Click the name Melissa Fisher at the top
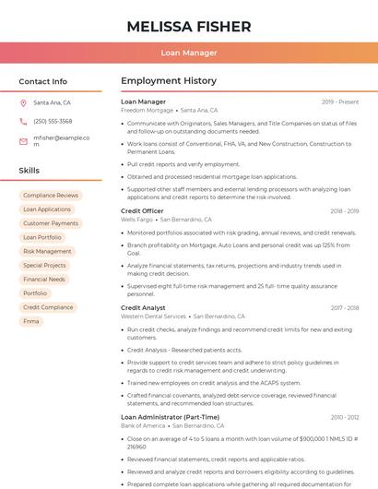point(188,25)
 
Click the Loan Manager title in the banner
point(188,53)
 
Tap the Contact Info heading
point(43,81)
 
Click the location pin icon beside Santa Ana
point(23,103)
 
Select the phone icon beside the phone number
point(23,122)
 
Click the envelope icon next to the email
point(23,141)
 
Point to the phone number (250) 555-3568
point(53,122)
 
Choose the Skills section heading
point(30,171)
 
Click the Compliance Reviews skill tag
point(51,196)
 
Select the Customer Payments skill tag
point(51,223)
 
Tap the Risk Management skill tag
point(47,251)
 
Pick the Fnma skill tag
point(31,321)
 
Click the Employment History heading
point(169,81)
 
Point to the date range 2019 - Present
point(340,101)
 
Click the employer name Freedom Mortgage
point(147,110)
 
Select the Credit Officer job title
point(142,211)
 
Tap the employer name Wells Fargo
point(137,220)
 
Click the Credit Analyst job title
point(143,307)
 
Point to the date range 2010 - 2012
point(345,417)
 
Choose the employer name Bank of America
point(143,425)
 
